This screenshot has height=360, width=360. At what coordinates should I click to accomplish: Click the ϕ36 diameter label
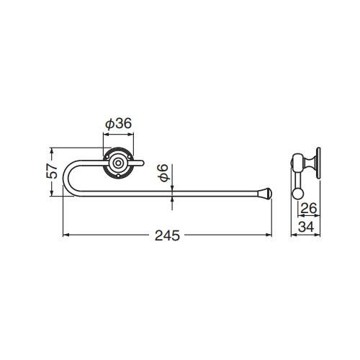119,124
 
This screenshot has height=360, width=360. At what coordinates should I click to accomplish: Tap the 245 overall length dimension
167,235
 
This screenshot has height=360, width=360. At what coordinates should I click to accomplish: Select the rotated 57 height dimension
52,171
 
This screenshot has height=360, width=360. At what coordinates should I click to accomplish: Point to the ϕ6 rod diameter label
163,173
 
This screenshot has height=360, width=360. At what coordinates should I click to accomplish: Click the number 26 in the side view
309,208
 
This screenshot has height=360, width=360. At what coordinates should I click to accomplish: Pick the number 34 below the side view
306,227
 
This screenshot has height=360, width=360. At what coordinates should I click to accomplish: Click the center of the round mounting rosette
118,163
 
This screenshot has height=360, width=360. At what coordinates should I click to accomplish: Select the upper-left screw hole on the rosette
107,157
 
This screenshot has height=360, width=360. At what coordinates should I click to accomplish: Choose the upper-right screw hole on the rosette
129,157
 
